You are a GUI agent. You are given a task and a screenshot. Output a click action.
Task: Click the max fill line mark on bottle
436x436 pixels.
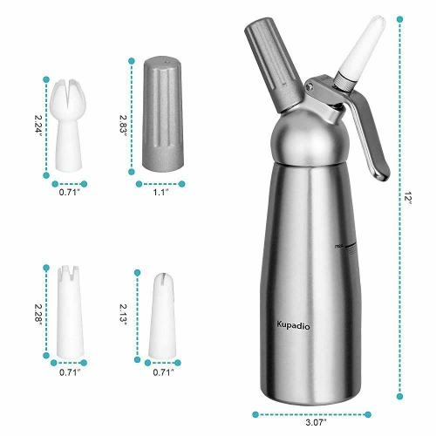[338, 249]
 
